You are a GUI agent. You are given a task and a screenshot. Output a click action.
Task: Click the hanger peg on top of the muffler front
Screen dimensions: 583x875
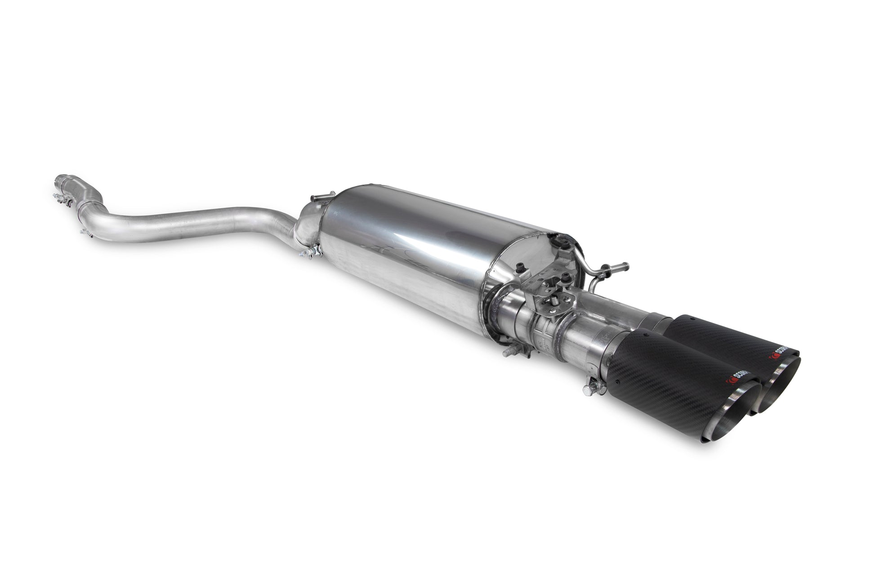[x=315, y=198]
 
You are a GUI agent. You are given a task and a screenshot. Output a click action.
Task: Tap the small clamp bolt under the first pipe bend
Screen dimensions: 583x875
[x=83, y=232]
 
